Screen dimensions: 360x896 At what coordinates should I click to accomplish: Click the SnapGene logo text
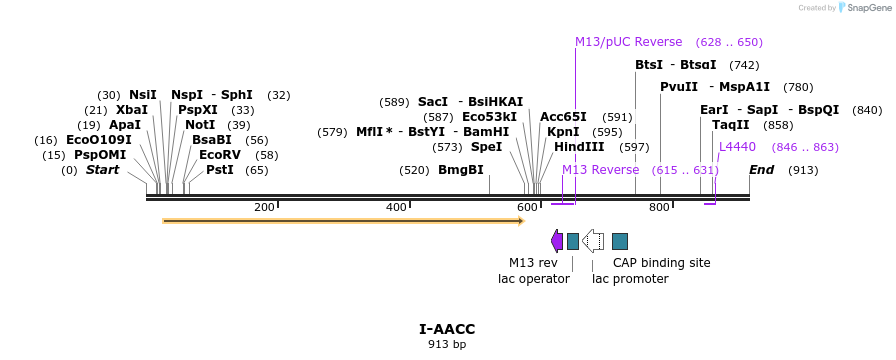click(866, 7)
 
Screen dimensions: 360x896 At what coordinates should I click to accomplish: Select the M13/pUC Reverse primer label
click(628, 42)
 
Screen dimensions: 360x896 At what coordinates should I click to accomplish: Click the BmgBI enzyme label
click(460, 170)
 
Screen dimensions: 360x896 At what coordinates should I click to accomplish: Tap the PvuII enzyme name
click(679, 87)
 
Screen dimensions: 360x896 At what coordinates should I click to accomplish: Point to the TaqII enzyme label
click(731, 125)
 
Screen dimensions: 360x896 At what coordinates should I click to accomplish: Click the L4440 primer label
click(737, 147)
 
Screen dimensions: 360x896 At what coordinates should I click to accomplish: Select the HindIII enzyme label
click(579, 147)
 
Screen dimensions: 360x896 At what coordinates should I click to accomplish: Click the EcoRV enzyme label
click(219, 155)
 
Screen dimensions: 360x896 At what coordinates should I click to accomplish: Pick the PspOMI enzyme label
click(100, 155)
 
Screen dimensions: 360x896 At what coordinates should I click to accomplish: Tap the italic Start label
click(102, 170)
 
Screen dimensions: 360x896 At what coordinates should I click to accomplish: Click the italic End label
click(761, 170)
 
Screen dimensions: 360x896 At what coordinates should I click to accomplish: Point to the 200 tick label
click(264, 207)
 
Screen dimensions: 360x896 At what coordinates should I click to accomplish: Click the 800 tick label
click(659, 207)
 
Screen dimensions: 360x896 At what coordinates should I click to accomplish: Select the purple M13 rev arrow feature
click(557, 240)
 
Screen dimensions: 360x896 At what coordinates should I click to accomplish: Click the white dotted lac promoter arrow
click(593, 240)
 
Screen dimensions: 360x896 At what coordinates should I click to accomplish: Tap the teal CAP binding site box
click(620, 241)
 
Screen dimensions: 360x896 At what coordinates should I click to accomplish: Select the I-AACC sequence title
click(447, 329)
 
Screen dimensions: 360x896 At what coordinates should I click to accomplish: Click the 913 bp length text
click(447, 345)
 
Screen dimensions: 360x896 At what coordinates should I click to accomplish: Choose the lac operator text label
click(534, 279)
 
